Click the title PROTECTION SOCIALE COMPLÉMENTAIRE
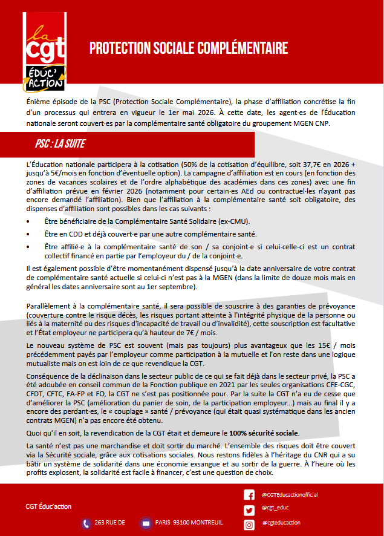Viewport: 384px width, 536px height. (188, 48)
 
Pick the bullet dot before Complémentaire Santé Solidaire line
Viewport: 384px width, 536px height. (30, 222)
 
